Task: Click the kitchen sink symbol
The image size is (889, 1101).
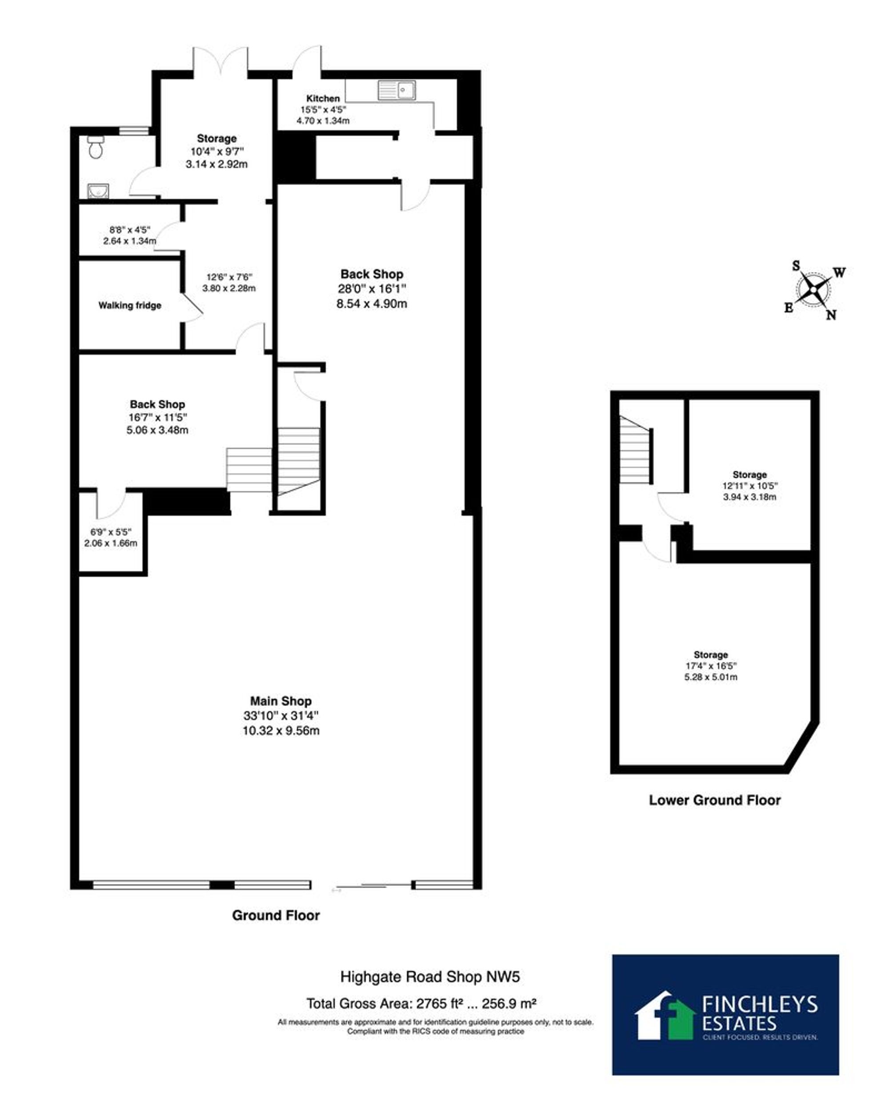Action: click(x=397, y=90)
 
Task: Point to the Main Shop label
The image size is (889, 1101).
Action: click(x=280, y=701)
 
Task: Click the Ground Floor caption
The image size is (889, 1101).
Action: click(x=276, y=915)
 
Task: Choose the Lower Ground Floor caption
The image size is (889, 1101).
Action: click(x=714, y=800)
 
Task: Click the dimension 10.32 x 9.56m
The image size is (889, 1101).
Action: click(x=280, y=730)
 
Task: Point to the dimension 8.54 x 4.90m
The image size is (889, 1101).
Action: click(x=372, y=303)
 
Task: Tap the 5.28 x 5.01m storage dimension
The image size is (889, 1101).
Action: click(x=711, y=677)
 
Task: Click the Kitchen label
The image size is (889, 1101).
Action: click(x=323, y=98)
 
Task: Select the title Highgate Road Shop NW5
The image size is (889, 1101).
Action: click(x=430, y=977)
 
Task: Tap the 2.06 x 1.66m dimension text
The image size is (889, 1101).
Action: click(x=111, y=543)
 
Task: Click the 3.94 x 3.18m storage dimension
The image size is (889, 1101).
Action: click(x=750, y=497)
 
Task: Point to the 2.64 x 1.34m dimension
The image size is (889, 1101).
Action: click(x=129, y=240)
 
